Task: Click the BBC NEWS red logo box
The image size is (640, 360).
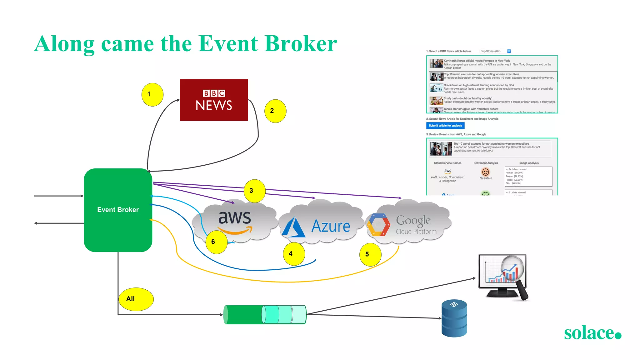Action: tap(214, 100)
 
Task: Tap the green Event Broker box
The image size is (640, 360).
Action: tap(118, 210)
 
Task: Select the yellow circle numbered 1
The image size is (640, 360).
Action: tap(152, 94)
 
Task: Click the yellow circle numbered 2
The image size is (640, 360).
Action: tap(275, 111)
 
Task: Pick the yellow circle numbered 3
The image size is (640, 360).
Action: tap(254, 191)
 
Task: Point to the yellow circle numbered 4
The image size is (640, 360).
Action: tap(294, 254)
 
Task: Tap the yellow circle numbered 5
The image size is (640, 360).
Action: tap(370, 254)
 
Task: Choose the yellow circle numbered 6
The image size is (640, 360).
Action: tap(216, 242)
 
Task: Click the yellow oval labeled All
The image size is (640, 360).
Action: tap(136, 299)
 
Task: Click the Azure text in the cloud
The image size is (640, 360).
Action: tap(331, 226)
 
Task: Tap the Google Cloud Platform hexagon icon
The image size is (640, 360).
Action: tap(378, 225)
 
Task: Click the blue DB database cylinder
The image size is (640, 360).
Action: tap(454, 318)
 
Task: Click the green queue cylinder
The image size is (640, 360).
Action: tap(265, 314)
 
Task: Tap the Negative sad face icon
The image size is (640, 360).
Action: tap(485, 172)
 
